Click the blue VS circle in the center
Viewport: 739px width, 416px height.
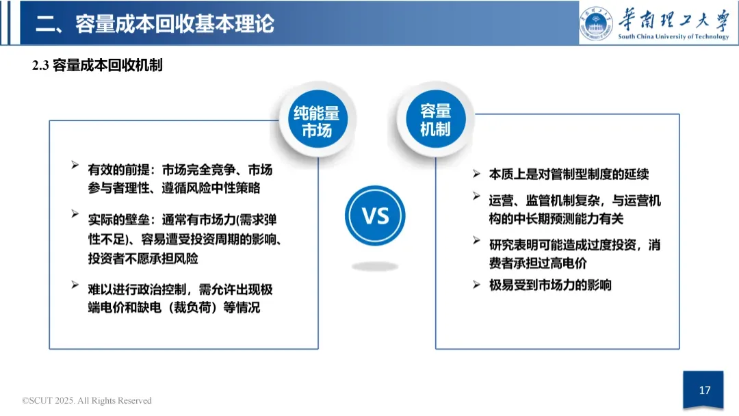pos(375,216)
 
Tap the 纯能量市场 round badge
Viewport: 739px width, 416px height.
pos(316,122)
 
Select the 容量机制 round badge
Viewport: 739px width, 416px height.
pos(435,120)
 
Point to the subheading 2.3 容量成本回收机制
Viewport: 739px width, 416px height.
pos(97,66)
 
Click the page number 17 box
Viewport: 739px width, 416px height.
pos(704,391)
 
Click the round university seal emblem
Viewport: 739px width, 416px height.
pos(597,23)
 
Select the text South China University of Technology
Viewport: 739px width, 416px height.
pos(673,37)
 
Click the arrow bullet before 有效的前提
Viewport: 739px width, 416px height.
pos(75,166)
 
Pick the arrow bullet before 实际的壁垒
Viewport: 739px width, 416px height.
pos(75,215)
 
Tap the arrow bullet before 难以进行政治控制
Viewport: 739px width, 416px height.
pos(75,285)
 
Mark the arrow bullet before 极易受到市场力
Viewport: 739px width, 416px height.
pos(476,284)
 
